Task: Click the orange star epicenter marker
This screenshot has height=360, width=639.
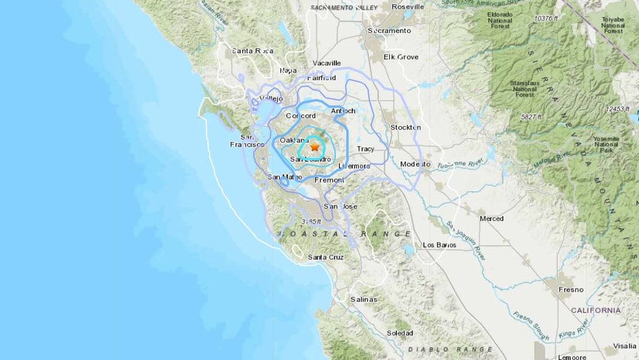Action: pos(314,147)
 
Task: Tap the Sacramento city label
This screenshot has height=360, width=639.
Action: pos(389,31)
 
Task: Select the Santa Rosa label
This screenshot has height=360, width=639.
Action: pos(253,51)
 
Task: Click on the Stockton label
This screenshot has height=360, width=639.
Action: pos(406,127)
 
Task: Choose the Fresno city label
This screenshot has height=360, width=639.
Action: pos(571,290)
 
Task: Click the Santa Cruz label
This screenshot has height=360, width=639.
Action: pos(326,257)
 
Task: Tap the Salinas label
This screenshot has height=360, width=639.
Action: pos(363,299)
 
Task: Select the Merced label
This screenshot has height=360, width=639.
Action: pos(491,219)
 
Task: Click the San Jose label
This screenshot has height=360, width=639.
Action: pos(340,206)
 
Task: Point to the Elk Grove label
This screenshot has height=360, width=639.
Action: pos(400,57)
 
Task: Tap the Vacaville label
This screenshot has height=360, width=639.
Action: pos(327,63)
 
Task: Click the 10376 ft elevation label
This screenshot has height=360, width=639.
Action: pos(547,19)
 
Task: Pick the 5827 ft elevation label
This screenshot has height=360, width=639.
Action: pos(534,117)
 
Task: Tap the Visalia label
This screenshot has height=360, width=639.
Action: pos(624,346)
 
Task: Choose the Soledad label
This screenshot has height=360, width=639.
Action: pos(400,333)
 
